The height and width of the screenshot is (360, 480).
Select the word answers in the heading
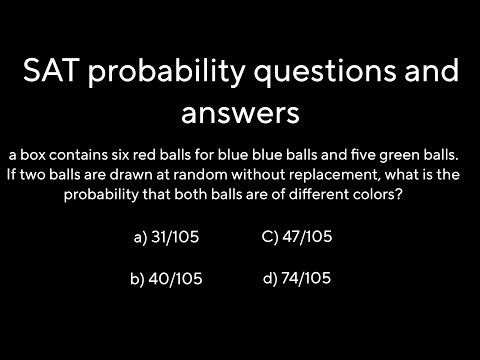click(240, 113)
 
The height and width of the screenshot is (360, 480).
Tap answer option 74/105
click(306, 278)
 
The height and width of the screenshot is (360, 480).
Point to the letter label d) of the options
click(270, 278)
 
